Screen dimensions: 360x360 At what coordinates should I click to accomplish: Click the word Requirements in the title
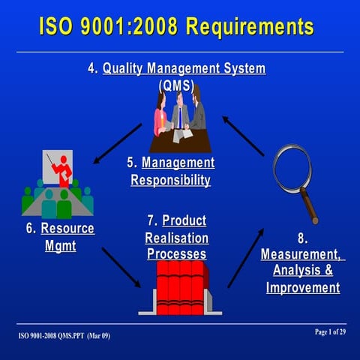point(250,27)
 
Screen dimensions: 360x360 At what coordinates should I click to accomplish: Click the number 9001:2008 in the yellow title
point(128,27)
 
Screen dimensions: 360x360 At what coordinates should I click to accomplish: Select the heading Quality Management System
point(184,68)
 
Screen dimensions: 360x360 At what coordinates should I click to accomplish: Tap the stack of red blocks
point(180,286)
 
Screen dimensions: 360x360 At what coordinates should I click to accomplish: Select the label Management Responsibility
point(171,172)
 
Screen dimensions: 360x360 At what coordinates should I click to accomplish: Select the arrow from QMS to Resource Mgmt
point(117,144)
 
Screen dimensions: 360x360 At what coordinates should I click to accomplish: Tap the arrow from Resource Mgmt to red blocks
point(121,267)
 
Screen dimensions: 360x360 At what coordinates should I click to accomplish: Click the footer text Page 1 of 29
point(326,331)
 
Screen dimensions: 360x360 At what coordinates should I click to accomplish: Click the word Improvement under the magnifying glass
point(302,287)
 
